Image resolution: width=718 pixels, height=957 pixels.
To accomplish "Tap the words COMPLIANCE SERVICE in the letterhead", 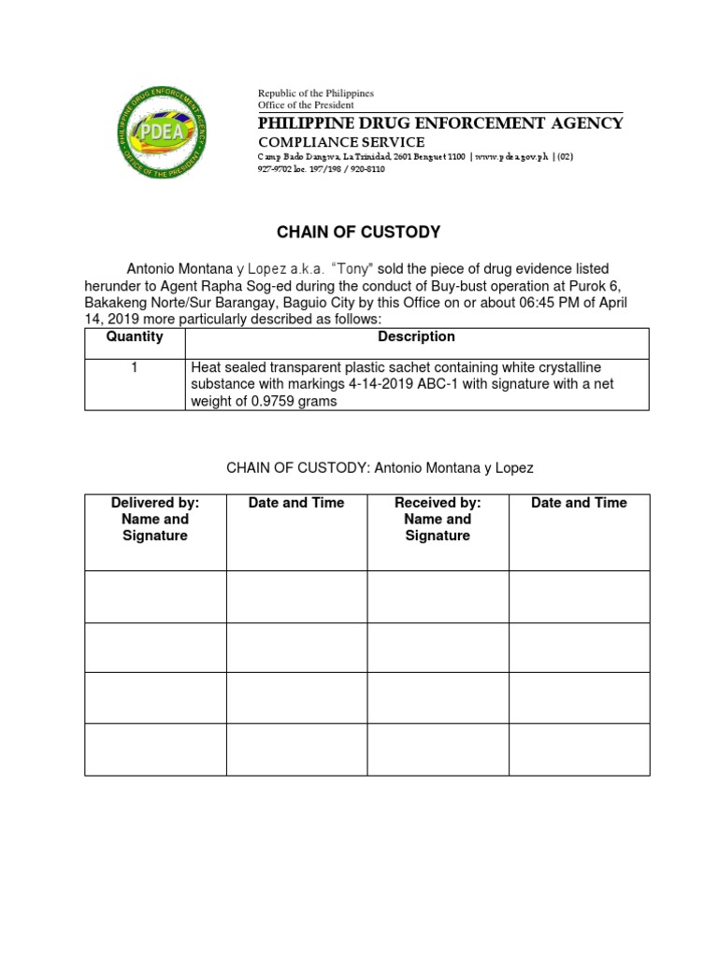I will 341,142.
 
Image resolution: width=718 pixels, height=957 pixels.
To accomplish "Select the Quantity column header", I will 135,336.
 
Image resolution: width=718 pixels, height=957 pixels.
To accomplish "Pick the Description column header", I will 416,336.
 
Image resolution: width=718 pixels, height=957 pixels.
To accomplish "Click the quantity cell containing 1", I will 135,367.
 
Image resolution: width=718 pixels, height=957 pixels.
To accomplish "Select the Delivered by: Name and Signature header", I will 155,519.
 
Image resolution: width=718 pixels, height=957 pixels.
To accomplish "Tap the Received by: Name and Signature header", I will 438,519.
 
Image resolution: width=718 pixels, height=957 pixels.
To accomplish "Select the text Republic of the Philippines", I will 315,93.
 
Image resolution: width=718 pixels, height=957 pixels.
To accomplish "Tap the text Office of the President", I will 306,106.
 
